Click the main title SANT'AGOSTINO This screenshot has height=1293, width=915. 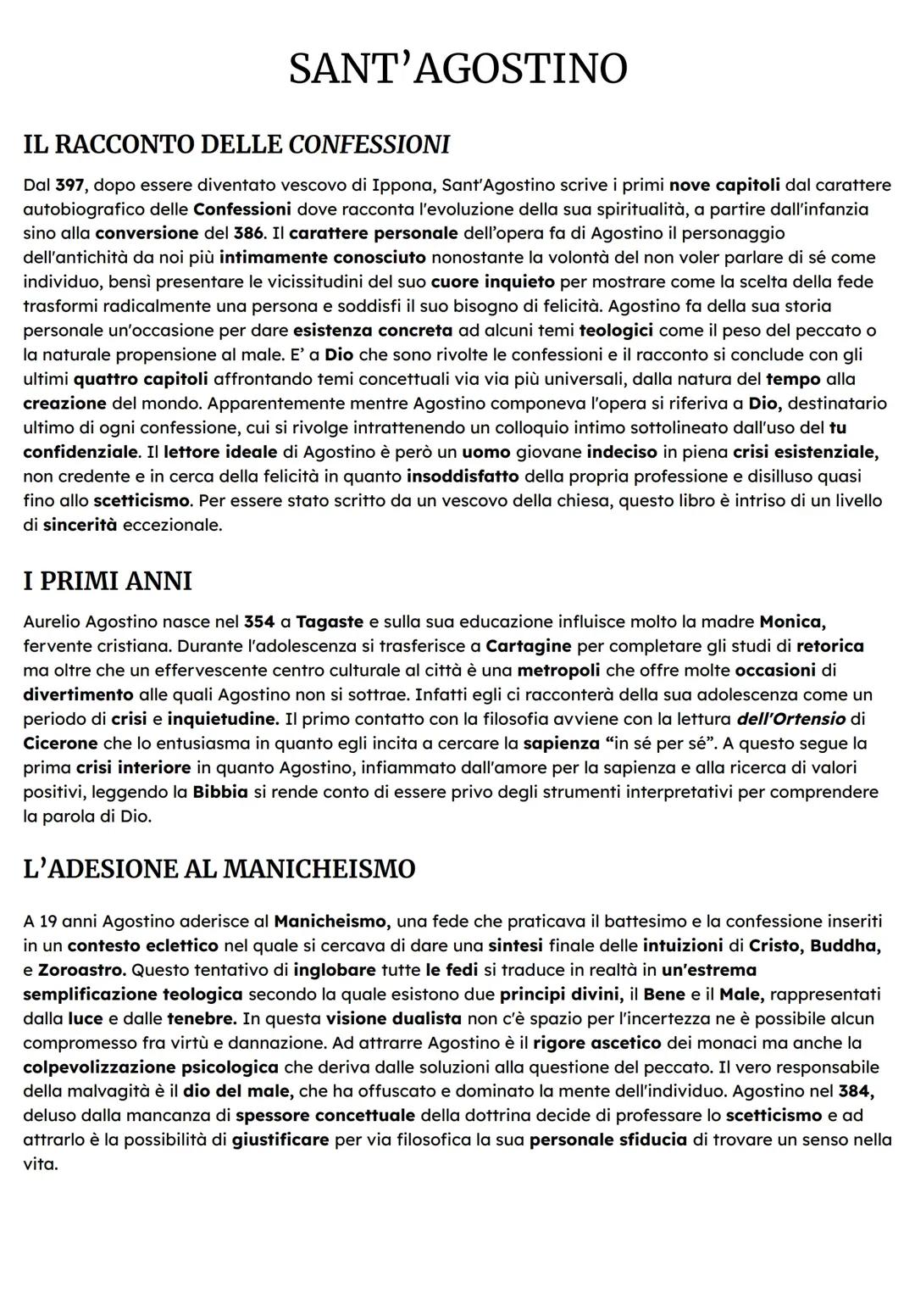[457, 69]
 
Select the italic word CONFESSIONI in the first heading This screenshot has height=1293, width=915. [369, 145]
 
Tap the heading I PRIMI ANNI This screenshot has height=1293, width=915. [108, 581]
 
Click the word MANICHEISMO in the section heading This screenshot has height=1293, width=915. [319, 869]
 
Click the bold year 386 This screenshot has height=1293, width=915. [248, 233]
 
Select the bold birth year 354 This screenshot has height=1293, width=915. [259, 621]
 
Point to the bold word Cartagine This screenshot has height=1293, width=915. [529, 646]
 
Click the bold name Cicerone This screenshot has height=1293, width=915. [61, 744]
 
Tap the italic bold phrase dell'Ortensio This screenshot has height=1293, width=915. [791, 719]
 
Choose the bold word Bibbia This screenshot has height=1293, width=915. [220, 792]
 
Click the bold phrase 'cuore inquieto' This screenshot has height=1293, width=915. [493, 281]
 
